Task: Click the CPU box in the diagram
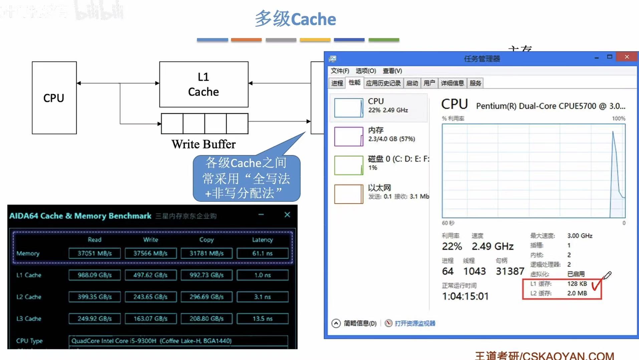click(54, 98)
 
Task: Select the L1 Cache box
click(204, 84)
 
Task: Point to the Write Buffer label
click(203, 144)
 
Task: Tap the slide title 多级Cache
click(295, 19)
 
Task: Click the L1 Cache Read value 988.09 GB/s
click(94, 275)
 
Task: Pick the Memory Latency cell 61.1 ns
click(262, 254)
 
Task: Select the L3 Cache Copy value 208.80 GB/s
click(206, 319)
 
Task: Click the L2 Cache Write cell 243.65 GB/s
click(150, 297)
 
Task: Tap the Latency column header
click(262, 240)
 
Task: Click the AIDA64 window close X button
click(287, 215)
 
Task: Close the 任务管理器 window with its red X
click(627, 57)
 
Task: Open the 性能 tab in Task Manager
click(354, 83)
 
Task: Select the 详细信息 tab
click(452, 83)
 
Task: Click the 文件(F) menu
click(340, 71)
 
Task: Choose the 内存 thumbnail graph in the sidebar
click(349, 136)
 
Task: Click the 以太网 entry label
click(379, 188)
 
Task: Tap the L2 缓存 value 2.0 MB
click(577, 293)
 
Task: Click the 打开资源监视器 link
click(415, 323)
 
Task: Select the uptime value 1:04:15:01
click(465, 296)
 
